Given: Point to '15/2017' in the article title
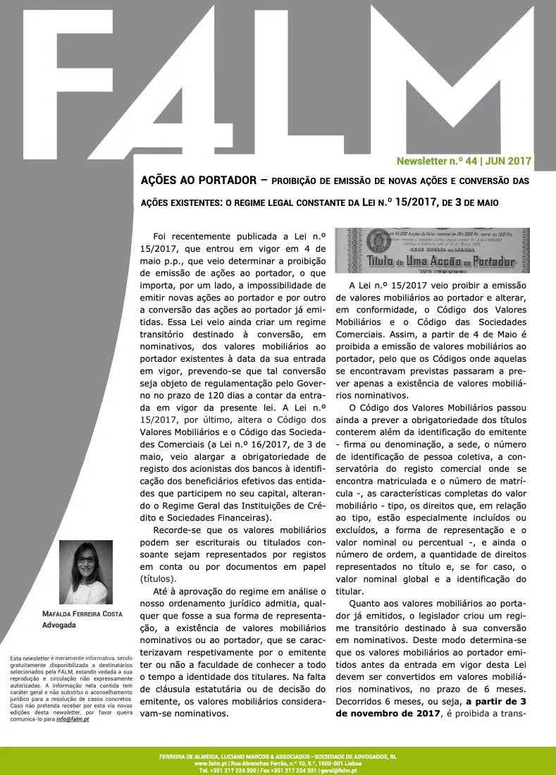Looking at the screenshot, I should [408, 202].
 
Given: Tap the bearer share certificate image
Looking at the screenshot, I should [431, 250].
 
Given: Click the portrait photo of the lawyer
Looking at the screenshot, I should [86, 572].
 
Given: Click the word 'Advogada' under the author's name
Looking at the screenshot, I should [60, 626].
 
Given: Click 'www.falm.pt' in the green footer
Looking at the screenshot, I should [209, 763].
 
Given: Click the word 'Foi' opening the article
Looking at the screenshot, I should [160, 236].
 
